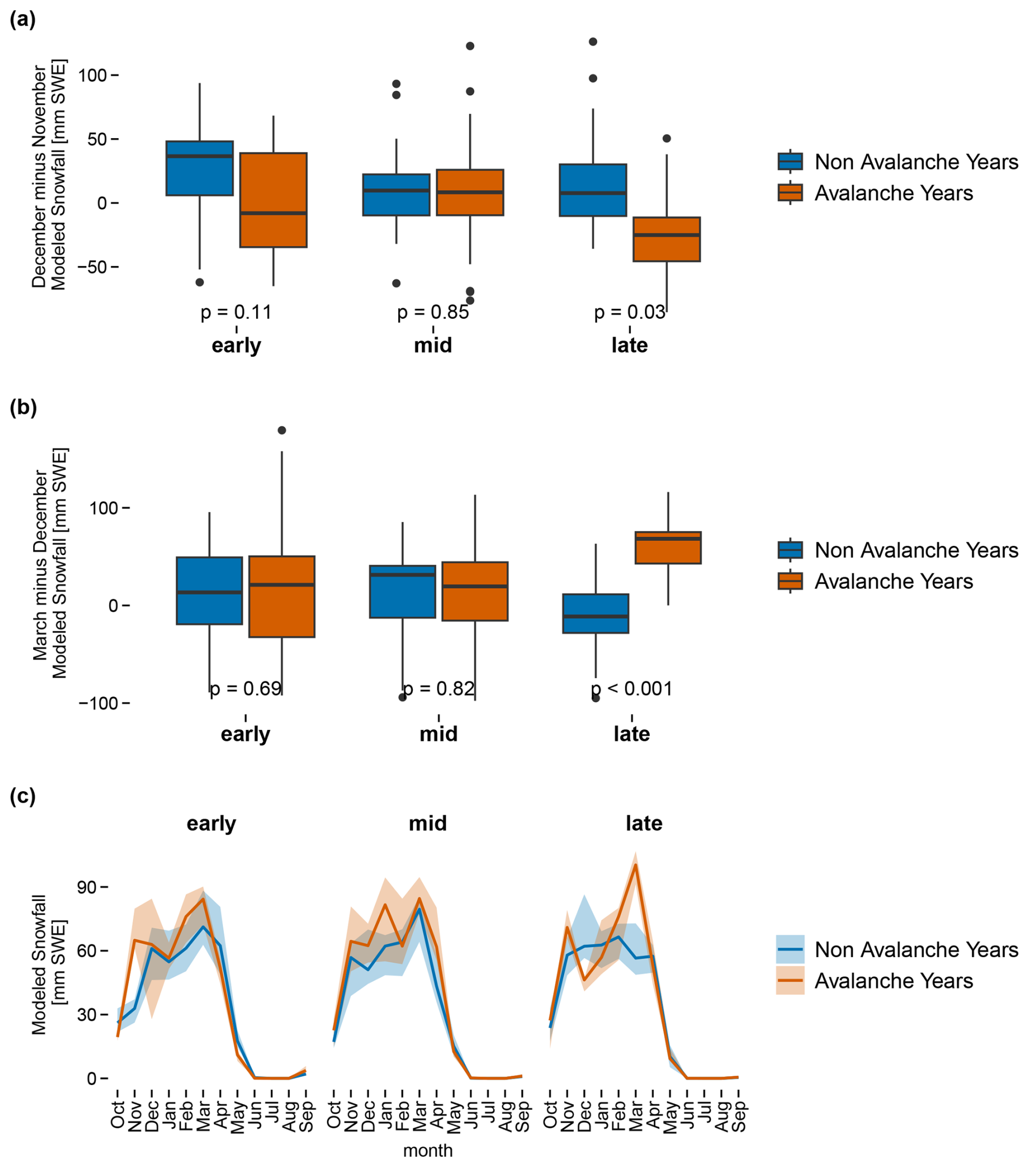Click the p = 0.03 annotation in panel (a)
pos(629,312)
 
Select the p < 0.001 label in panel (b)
pos(631,688)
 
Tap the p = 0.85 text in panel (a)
pos(433,312)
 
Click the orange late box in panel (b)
pos(667,548)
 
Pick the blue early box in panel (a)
pos(199,168)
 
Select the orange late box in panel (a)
pos(666,239)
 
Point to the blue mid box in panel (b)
pos(402,592)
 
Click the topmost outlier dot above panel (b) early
pos(282,431)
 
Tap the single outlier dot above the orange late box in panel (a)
pos(666,139)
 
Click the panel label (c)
pos(23,796)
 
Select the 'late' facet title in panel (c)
pos(643,823)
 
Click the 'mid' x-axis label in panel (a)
pos(433,345)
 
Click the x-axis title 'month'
pos(427,1151)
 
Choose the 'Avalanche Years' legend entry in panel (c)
pos(893,981)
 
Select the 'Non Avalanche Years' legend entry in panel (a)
pos(916,162)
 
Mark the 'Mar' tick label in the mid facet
pos(420,1114)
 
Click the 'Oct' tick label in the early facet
pos(117,1114)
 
